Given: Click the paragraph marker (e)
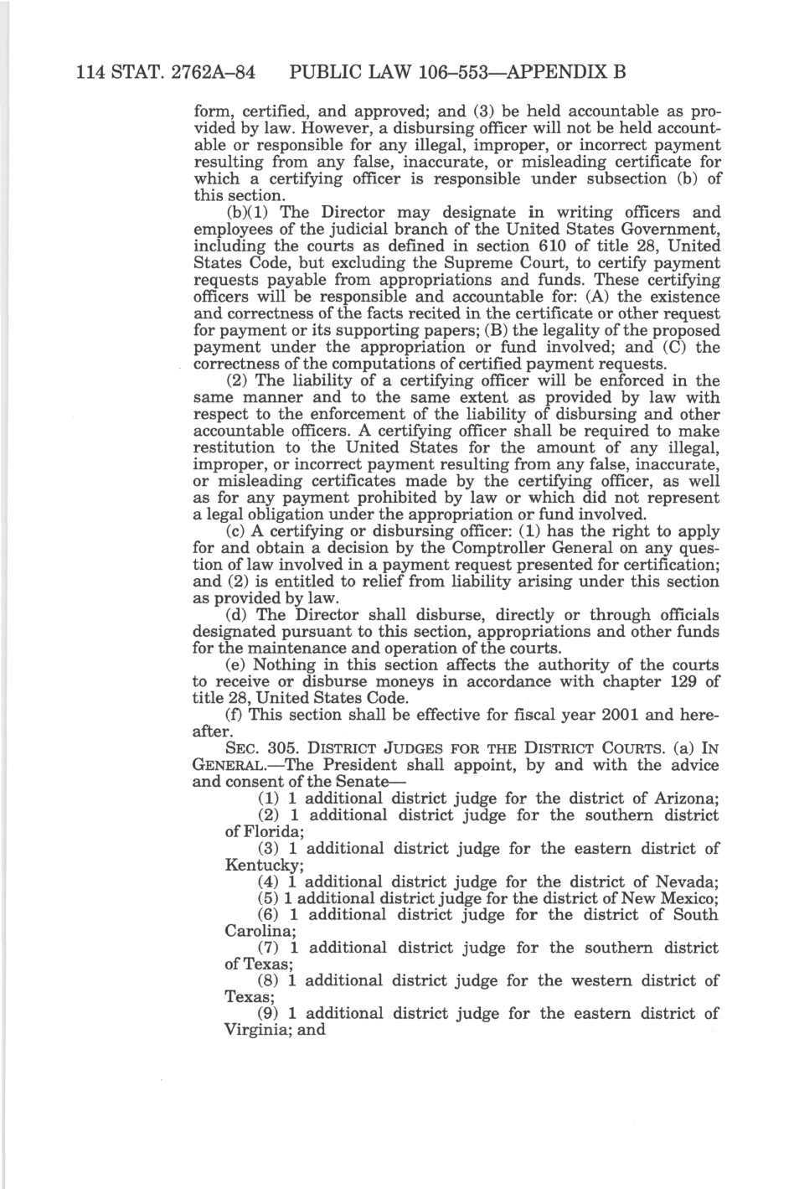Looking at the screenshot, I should pyautogui.click(x=237, y=664).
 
